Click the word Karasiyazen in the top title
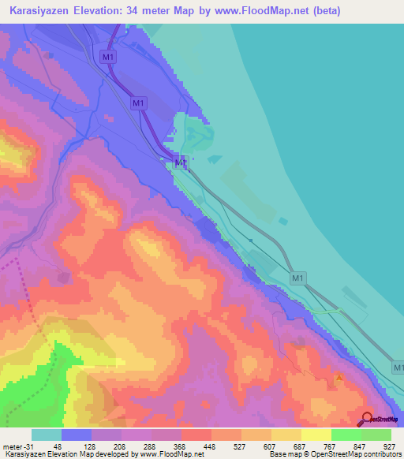click(x=37, y=11)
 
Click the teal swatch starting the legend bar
click(x=46, y=435)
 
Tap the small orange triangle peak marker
click(x=339, y=378)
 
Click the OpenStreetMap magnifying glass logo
click(x=367, y=418)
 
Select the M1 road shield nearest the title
click(x=109, y=57)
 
